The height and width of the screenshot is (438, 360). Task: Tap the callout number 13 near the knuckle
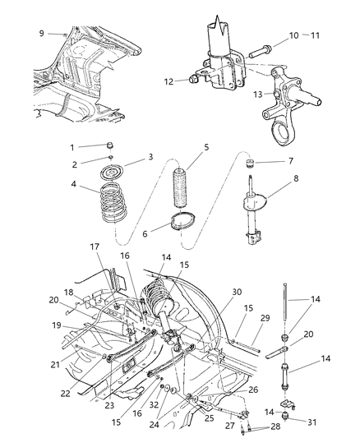click(258, 95)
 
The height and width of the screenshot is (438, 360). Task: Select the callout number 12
click(168, 81)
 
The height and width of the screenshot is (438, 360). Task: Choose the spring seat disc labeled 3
click(112, 173)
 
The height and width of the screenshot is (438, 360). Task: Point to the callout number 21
click(30, 363)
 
